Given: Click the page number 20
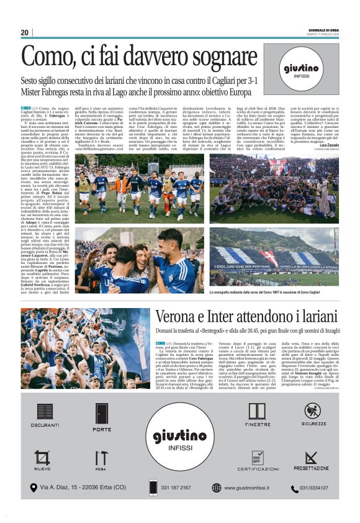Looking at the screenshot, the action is [24, 32].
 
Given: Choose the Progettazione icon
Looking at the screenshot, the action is [312, 458].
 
